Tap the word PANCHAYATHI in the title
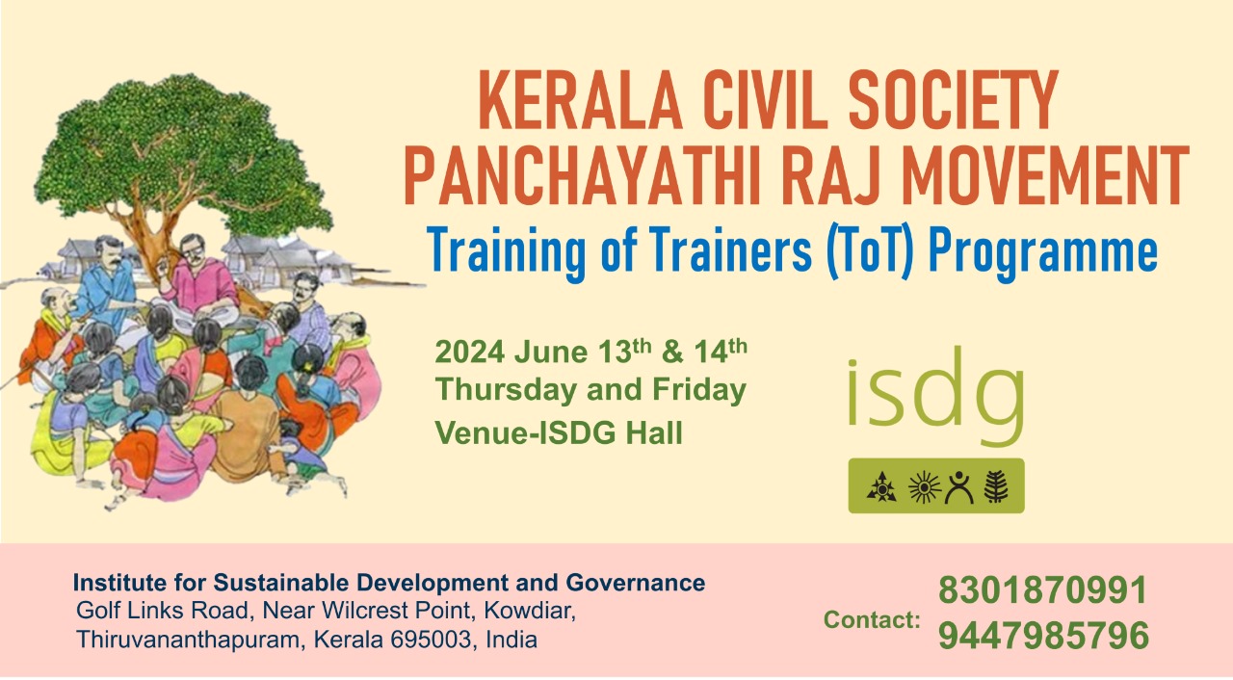(583, 175)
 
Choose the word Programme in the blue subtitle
(1043, 253)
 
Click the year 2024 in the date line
(469, 353)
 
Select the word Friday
(699, 389)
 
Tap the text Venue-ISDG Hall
(559, 432)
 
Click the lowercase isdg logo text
(935, 393)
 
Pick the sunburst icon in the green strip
(924, 487)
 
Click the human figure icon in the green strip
(958, 487)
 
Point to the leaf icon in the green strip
(996, 487)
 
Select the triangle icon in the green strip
(881, 487)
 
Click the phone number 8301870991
(1042, 589)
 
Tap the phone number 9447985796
(1043, 636)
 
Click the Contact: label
(872, 620)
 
